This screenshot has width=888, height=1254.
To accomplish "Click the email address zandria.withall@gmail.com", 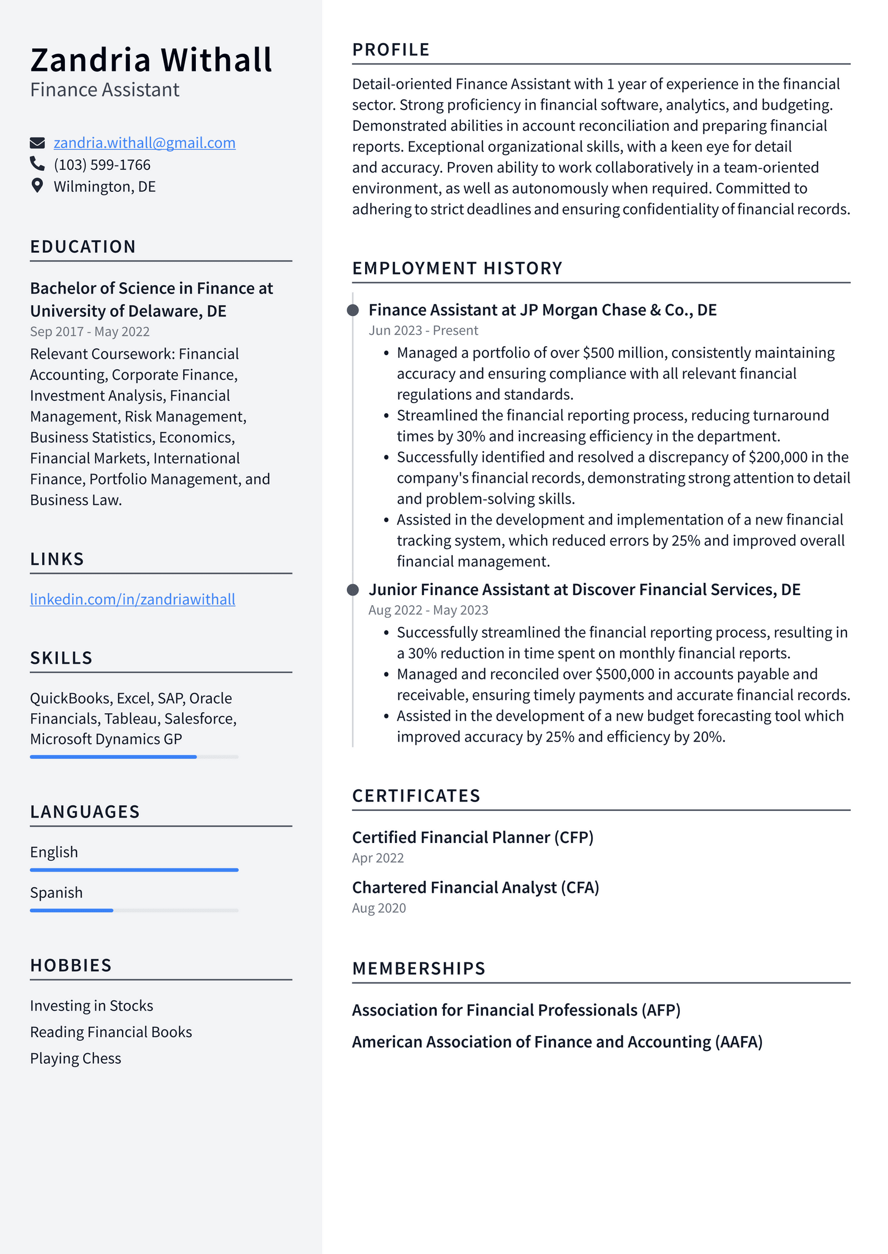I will click(x=144, y=143).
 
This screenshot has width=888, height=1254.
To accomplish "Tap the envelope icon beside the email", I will click(x=37, y=143).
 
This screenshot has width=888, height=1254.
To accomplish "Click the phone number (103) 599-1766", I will click(x=102, y=165).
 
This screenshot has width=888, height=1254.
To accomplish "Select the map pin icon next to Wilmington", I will click(x=37, y=186).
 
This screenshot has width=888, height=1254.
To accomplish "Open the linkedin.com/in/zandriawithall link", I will click(x=133, y=599).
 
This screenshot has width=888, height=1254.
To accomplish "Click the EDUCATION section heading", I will click(x=83, y=247).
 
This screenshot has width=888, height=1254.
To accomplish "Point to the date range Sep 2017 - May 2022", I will click(x=90, y=332).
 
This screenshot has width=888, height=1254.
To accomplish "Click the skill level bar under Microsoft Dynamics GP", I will click(x=134, y=757).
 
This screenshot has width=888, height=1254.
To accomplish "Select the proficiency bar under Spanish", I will click(x=134, y=910).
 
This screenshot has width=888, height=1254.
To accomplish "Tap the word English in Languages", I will click(x=54, y=852).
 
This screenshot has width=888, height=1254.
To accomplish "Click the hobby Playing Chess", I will click(x=75, y=1058).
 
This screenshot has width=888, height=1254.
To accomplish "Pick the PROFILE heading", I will click(x=391, y=50).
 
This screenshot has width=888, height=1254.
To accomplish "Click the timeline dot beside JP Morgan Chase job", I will click(x=352, y=310).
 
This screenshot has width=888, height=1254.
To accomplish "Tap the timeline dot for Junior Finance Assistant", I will click(x=352, y=590).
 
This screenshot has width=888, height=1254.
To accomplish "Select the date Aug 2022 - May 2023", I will click(x=428, y=610).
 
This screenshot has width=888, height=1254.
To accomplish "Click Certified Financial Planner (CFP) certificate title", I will click(x=472, y=837).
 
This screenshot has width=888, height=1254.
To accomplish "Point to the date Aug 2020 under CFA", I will click(x=379, y=908).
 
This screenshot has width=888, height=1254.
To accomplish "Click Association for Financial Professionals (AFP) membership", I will click(x=516, y=1010).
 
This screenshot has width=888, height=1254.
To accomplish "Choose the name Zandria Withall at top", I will click(x=151, y=60).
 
